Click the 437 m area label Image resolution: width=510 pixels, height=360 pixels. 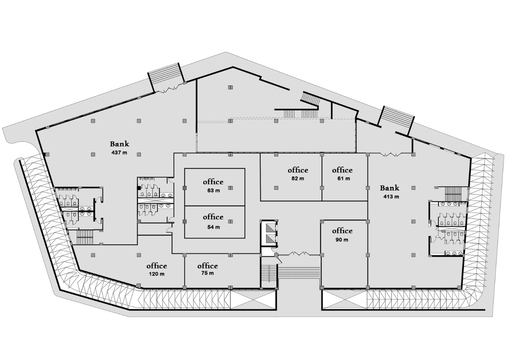pos(119,153)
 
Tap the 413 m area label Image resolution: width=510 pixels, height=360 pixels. pos(391,196)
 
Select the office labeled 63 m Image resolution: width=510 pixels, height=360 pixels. pos(213,190)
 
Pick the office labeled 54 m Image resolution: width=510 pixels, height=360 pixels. pos(213,227)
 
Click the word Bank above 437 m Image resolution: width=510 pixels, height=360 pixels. pos(120,144)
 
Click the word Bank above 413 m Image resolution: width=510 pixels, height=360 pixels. pos(390,188)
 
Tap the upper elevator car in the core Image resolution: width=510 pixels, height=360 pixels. pos(270,227)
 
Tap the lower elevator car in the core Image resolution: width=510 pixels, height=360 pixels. pos(270,239)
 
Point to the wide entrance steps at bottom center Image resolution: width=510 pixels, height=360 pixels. pos(299,273)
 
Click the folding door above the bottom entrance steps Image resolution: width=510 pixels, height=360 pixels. pos(299,253)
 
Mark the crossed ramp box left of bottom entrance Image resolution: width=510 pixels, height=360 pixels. pos(253,299)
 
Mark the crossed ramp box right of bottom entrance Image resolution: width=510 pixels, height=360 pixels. pos(344,299)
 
